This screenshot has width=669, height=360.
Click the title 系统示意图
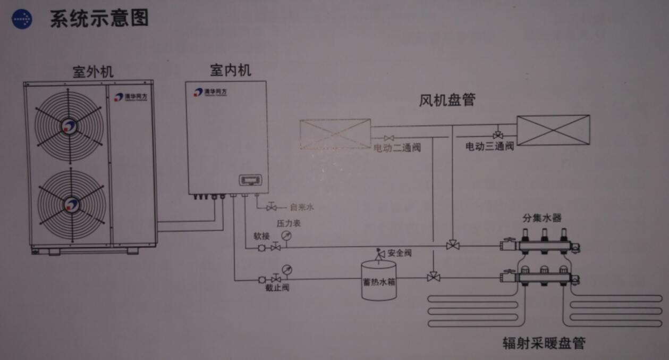click(99, 19)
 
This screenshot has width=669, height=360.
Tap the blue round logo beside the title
click(22, 19)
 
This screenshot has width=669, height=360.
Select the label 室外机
click(93, 72)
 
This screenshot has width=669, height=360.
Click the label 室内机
click(231, 70)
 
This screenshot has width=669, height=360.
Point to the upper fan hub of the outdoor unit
click(69, 126)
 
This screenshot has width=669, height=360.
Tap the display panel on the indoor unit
click(252, 180)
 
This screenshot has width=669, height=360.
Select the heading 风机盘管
click(447, 99)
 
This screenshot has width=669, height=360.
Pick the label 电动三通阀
click(489, 147)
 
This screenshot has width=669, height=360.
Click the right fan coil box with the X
click(553, 130)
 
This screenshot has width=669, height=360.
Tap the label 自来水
click(301, 207)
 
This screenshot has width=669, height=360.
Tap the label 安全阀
click(400, 253)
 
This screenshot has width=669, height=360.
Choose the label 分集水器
click(542, 218)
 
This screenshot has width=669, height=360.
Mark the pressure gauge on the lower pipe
click(287, 269)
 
